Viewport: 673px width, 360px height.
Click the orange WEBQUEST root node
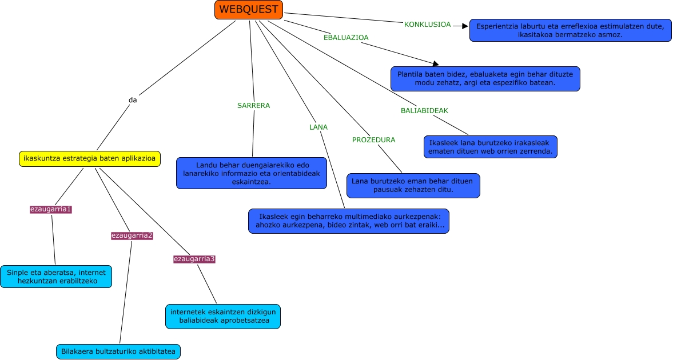coord(249,10)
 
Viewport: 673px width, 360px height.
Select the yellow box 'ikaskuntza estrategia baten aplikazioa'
coord(90,158)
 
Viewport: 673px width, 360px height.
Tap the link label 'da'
coord(133,100)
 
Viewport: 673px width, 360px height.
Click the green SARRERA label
coord(253,106)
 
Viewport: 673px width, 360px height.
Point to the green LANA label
coord(318,127)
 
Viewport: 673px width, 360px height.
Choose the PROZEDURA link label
coord(373,140)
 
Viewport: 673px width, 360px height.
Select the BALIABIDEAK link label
coord(424,110)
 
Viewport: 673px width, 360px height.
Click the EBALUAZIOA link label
coord(346,37)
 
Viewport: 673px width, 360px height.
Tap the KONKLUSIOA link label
coord(427,25)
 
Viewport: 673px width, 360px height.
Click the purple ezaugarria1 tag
coord(51,209)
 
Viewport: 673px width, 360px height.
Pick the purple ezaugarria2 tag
coord(132,235)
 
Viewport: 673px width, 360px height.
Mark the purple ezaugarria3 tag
coord(194,259)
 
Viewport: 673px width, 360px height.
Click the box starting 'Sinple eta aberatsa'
coord(56,277)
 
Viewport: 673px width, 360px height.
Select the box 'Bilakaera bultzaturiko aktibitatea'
coord(118,351)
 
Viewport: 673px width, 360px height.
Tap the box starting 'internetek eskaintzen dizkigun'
coord(223,317)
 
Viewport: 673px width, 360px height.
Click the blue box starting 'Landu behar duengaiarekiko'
coord(252,173)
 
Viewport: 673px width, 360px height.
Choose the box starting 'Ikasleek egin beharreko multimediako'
coord(348,221)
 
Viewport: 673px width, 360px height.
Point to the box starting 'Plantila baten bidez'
coord(485,79)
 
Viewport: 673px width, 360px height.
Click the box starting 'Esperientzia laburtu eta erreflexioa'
coord(570,30)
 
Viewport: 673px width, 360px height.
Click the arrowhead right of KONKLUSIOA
coord(464,25)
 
